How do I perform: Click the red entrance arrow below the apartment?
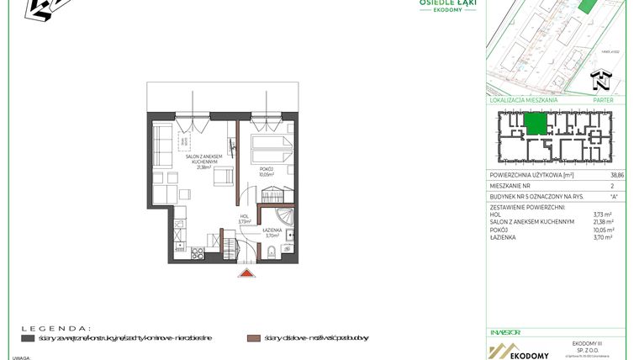click(246, 272)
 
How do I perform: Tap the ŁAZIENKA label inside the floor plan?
click(272, 230)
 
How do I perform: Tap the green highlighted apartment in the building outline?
click(535, 124)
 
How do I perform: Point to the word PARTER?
click(603, 100)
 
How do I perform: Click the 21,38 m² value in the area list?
click(603, 222)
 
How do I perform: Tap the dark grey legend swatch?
click(28, 337)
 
